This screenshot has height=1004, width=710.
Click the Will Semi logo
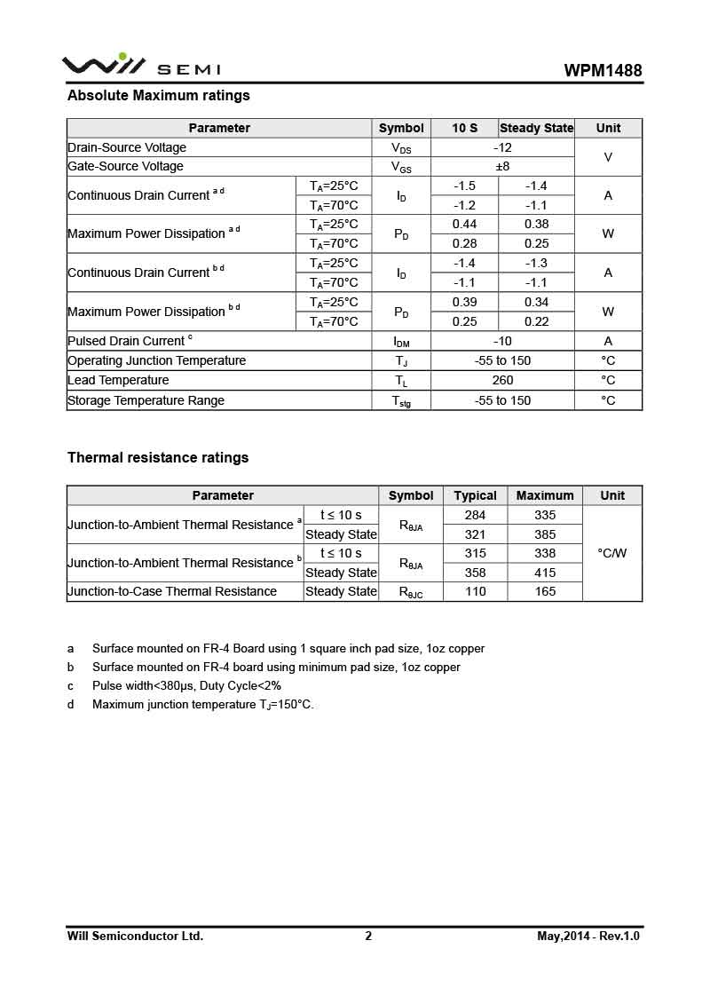(x=141, y=67)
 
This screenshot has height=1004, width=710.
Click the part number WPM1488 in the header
(x=603, y=71)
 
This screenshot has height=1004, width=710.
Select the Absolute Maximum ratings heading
(x=159, y=96)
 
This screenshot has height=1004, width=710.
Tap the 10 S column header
(x=464, y=128)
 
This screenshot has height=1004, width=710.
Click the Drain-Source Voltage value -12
(x=502, y=147)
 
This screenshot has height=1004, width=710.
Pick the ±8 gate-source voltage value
(x=502, y=166)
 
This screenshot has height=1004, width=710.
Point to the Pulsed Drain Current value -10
(x=502, y=341)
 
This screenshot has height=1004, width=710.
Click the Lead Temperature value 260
(x=502, y=380)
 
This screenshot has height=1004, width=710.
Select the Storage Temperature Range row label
(x=146, y=400)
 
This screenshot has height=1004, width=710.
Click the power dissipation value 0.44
(x=464, y=225)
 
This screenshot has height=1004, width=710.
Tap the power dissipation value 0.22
(x=536, y=321)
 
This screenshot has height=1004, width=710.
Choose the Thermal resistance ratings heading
(x=158, y=458)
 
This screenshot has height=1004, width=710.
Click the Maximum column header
(x=545, y=495)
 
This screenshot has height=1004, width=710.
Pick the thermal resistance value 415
(x=545, y=573)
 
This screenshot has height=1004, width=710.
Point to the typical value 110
(x=476, y=591)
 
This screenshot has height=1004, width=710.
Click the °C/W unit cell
(x=612, y=553)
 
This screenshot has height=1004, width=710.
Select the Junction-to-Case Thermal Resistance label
(x=172, y=591)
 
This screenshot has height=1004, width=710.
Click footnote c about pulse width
(x=186, y=686)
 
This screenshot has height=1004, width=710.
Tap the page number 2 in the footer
(x=368, y=936)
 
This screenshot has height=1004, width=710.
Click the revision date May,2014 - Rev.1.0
(x=588, y=936)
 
